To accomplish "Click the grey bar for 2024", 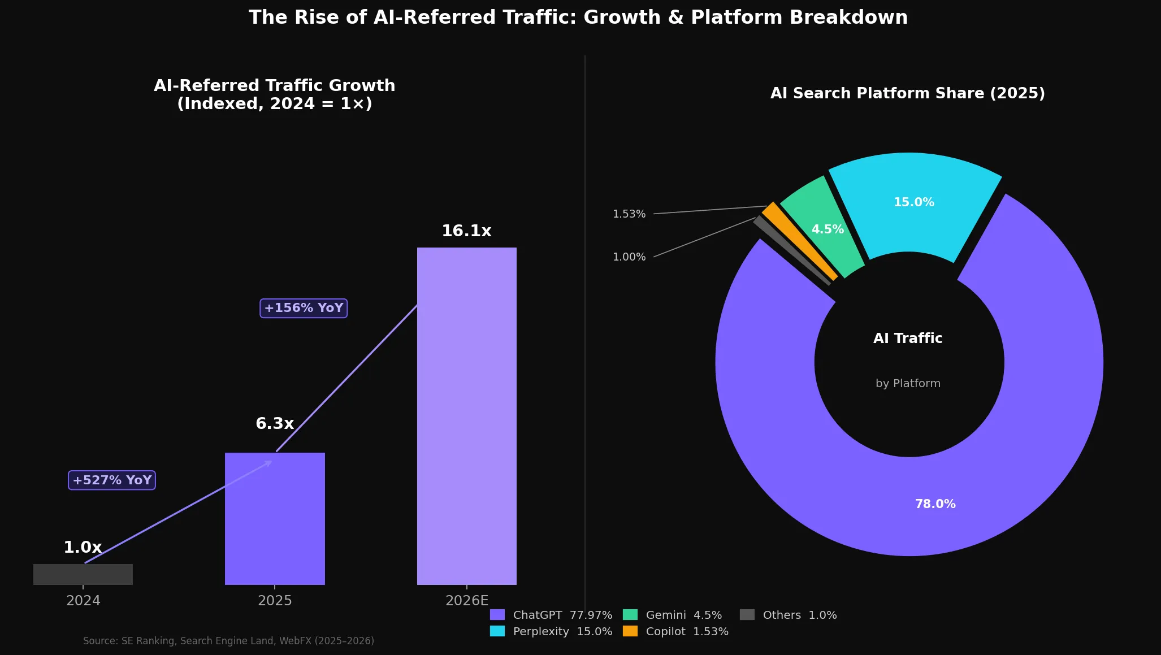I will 83,574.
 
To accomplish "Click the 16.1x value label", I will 466,231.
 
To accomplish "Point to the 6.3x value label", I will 275,424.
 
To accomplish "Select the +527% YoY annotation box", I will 112,480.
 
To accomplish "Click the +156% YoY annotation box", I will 304,308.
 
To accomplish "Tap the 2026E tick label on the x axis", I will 466,601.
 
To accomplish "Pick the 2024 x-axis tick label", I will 83,601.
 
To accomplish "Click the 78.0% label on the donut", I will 935,504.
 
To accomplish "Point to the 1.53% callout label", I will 629,214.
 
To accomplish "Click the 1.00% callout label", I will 629,257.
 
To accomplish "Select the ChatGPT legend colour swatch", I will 497,615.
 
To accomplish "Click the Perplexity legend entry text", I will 541,631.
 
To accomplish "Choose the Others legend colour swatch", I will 747,615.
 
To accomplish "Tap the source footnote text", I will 228,641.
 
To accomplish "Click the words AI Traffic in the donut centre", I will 908,339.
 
